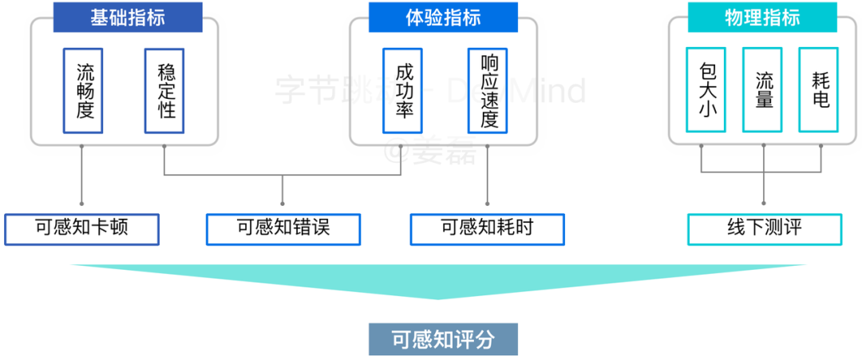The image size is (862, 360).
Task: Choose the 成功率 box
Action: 404,90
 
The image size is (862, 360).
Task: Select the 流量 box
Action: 764,90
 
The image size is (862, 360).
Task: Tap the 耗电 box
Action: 820,90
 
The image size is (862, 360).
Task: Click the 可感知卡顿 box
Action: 81,228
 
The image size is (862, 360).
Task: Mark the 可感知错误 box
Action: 283,228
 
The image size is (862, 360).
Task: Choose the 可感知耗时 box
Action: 487,228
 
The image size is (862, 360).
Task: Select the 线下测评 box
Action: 764,228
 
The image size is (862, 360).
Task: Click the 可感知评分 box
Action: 443,339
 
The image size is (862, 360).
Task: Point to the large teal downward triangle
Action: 437,279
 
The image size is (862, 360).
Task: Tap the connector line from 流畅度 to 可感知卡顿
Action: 82,180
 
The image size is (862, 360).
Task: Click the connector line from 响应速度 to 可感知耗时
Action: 488,180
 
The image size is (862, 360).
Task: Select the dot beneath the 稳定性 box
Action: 164,146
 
